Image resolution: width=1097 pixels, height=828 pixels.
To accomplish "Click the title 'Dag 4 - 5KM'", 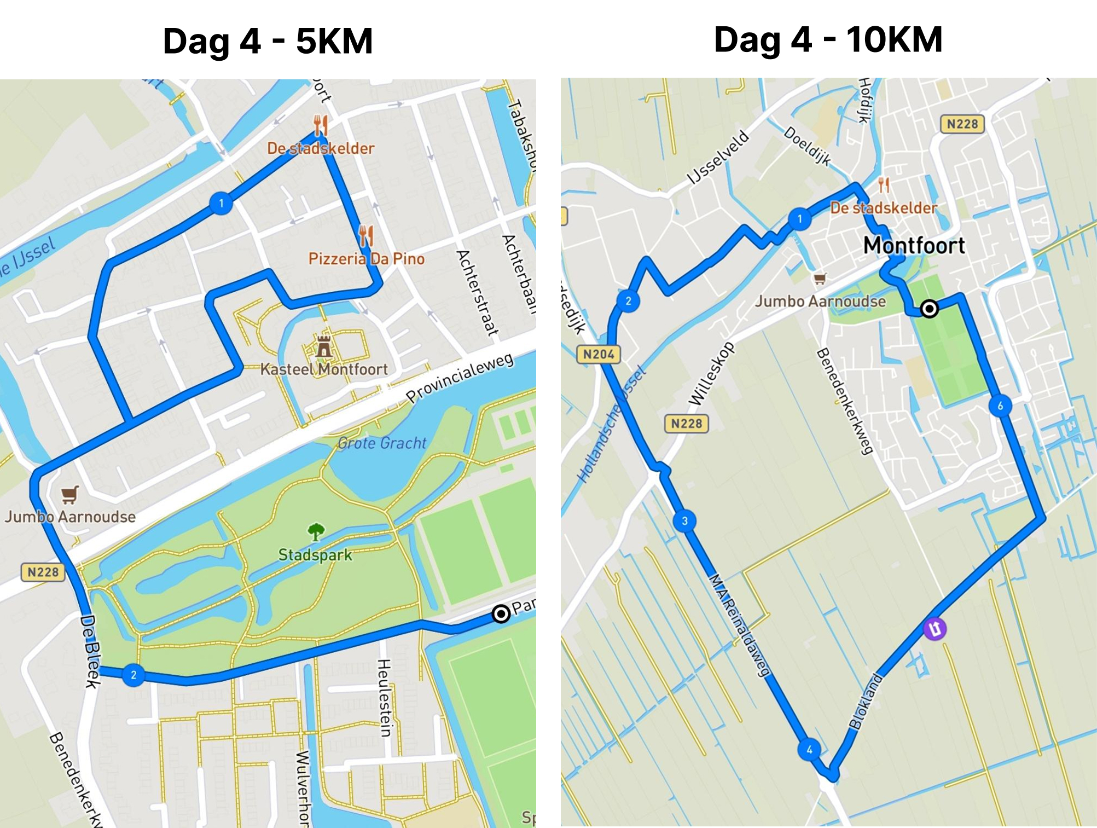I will (x=268, y=41).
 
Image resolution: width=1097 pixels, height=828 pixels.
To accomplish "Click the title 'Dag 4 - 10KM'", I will (x=828, y=39).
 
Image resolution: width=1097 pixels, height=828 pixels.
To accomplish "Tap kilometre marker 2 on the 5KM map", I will (x=134, y=675).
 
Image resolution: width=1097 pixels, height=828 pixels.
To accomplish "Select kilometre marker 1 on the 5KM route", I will (x=221, y=204).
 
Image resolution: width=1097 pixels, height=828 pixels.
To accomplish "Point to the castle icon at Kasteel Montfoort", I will (x=324, y=346).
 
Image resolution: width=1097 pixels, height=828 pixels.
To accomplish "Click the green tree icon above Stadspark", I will (x=316, y=531).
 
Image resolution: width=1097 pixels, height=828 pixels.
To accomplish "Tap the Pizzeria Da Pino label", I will (x=366, y=258).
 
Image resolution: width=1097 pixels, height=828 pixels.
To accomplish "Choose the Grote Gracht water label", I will (x=381, y=443).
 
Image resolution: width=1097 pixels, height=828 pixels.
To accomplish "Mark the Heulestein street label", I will (x=385, y=698).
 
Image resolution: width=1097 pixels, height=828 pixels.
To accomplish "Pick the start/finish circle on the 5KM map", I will (x=501, y=613).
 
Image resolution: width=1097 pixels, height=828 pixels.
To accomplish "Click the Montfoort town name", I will (x=914, y=245).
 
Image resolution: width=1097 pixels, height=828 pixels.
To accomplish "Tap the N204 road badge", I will (x=599, y=354).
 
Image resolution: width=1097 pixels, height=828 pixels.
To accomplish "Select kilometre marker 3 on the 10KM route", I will (x=684, y=521).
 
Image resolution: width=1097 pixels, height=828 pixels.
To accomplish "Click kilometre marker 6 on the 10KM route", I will (x=1000, y=406).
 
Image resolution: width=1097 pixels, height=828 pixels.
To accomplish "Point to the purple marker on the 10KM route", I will (x=935, y=628).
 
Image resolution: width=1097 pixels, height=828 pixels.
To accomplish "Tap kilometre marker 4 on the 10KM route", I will (x=809, y=749).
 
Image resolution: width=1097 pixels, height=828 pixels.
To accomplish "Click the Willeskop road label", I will (x=711, y=374).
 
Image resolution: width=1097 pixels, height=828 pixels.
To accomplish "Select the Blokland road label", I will (x=866, y=701).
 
